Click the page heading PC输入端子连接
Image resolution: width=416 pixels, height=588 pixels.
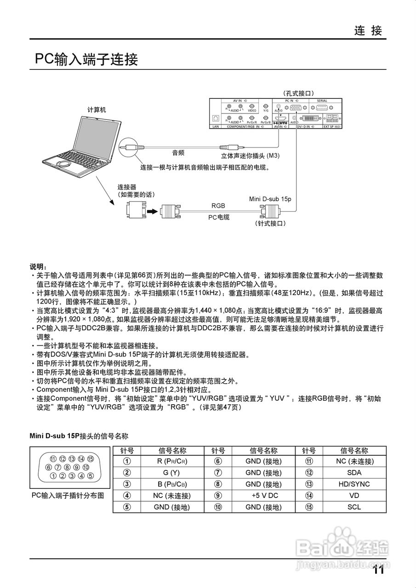point(86,60)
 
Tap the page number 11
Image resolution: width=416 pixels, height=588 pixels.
point(378,570)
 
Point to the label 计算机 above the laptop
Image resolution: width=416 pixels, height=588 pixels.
point(97,110)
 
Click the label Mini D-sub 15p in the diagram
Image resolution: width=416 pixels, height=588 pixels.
point(270,199)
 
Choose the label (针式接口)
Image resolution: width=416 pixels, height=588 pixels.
point(270,223)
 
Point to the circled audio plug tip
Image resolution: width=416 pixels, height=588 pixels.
point(129,147)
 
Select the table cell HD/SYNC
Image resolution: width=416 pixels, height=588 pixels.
point(354,484)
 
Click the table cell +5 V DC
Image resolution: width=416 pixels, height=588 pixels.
point(264,496)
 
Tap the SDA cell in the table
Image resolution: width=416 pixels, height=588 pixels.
point(354,473)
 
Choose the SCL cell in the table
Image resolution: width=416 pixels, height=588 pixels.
point(354,508)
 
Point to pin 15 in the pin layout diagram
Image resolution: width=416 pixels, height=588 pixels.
point(90,459)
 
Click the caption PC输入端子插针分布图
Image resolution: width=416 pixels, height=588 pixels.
point(68,496)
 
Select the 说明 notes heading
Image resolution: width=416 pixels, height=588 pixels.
point(39,267)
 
